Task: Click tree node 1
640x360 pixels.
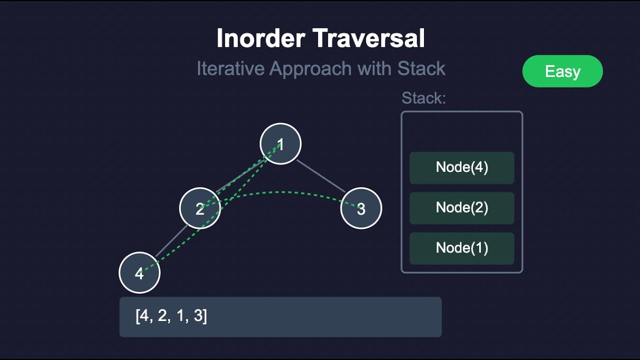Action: (x=280, y=144)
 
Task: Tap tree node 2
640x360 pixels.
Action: (x=200, y=208)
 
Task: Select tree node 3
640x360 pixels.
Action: (x=361, y=208)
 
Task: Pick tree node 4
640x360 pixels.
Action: (x=139, y=273)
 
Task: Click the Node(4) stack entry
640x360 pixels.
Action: (x=461, y=167)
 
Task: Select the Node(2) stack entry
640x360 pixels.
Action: (x=461, y=207)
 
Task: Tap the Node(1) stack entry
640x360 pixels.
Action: (x=461, y=248)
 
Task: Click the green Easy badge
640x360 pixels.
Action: (x=562, y=71)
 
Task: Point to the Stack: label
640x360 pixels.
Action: (x=423, y=98)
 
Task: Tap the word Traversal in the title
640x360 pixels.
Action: (x=371, y=38)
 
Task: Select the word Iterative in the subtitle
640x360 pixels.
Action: (x=230, y=68)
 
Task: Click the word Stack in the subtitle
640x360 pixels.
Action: (x=421, y=68)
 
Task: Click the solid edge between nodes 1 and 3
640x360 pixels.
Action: (x=321, y=176)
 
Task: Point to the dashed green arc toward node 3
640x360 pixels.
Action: (x=280, y=192)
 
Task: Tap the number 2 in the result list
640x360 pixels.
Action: (x=162, y=316)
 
